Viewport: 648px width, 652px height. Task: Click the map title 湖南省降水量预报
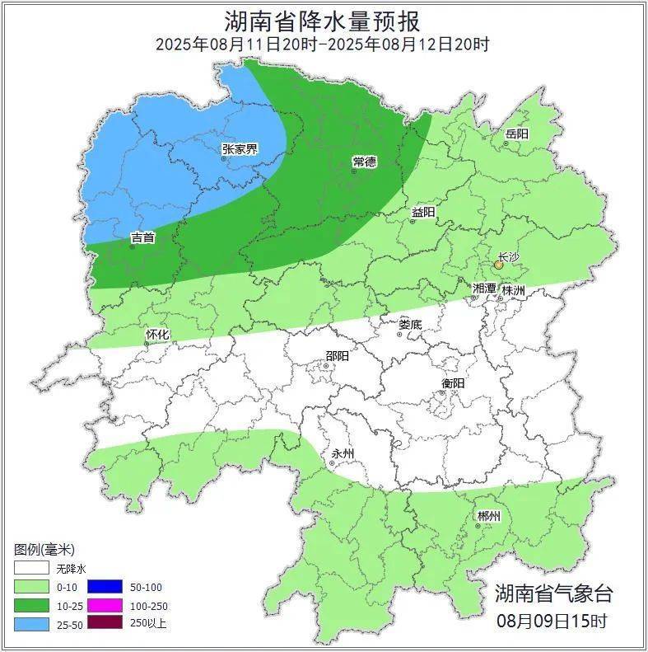coord(323,20)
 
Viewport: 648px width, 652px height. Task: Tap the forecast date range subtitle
coord(323,45)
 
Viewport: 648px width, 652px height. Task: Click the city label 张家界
coord(240,149)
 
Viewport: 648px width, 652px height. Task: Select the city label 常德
coord(364,162)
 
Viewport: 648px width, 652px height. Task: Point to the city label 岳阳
coord(517,134)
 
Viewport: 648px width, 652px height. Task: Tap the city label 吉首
coord(142,237)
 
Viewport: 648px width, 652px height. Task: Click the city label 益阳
coord(423,213)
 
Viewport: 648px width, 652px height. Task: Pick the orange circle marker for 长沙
coord(498,265)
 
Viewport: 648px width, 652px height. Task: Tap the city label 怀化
coord(157,335)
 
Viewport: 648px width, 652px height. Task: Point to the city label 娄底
coord(409,325)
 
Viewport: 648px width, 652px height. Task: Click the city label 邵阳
coord(337,356)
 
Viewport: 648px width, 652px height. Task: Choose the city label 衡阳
coord(453,383)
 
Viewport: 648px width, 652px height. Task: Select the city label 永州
coord(343,454)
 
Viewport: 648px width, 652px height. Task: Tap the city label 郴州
coord(488,517)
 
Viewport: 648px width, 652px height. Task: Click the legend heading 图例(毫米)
coord(44,550)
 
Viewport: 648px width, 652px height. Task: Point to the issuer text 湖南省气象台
coord(553,593)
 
